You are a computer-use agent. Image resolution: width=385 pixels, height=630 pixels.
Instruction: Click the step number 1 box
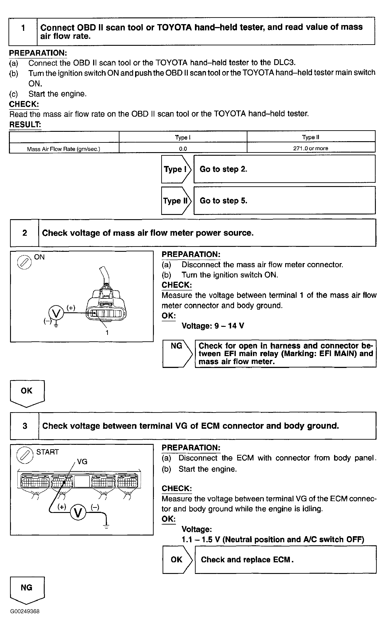pyautogui.click(x=23, y=31)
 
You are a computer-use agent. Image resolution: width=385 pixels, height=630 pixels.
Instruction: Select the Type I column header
pyautogui.click(x=183, y=137)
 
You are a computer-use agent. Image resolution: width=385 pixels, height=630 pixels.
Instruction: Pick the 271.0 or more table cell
pyautogui.click(x=311, y=148)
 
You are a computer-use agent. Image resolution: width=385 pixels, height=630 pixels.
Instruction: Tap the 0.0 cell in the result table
pyautogui.click(x=183, y=149)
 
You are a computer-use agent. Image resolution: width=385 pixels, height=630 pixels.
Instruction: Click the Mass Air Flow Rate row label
pyautogui.click(x=64, y=149)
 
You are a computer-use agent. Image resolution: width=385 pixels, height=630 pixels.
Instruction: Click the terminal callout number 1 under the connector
pyautogui.click(x=107, y=333)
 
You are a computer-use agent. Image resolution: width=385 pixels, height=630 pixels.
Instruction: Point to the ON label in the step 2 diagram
pyautogui.click(x=39, y=257)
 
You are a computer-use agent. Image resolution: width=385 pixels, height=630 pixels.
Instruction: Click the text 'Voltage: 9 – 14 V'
pyautogui.click(x=213, y=326)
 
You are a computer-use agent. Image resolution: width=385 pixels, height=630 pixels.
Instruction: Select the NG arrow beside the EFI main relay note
pyautogui.click(x=177, y=354)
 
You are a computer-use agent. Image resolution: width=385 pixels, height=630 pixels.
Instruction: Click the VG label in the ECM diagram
pyautogui.click(x=82, y=462)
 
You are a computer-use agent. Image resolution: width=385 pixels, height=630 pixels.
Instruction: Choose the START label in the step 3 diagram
pyautogui.click(x=48, y=452)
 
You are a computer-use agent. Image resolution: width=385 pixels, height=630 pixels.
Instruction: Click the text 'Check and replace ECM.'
pyautogui.click(x=247, y=560)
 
